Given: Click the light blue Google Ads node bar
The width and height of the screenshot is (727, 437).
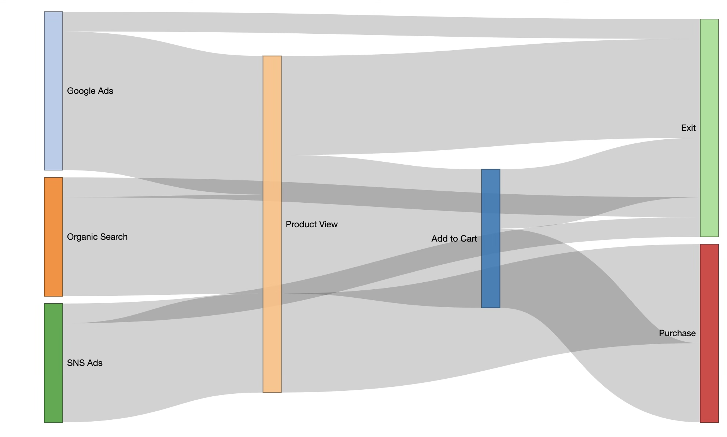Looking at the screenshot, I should pos(53,91).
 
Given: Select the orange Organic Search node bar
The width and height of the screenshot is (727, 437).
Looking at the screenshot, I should pos(53,237).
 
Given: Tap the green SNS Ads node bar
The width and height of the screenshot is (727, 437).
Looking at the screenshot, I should pos(53,363).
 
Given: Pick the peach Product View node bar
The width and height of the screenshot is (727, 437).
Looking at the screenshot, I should pos(272,224).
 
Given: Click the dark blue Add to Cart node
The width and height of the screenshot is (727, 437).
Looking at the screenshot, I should pos(491,238).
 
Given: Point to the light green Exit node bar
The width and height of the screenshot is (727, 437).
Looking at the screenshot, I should pos(709,128).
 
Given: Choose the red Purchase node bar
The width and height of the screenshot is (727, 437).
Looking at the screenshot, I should pos(709,333).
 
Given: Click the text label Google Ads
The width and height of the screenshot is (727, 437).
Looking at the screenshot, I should pos(90,91).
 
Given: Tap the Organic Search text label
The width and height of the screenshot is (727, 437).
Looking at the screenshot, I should pos(97,237).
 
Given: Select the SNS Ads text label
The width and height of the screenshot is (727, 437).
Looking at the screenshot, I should pos(85,363).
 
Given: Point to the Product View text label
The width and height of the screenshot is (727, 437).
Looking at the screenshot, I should pos(311,224).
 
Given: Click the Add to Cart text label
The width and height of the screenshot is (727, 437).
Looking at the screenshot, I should pos(454,239).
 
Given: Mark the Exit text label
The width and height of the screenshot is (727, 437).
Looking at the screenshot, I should pos(688,128).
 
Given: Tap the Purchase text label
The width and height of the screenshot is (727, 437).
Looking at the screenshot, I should pos(677,333).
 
